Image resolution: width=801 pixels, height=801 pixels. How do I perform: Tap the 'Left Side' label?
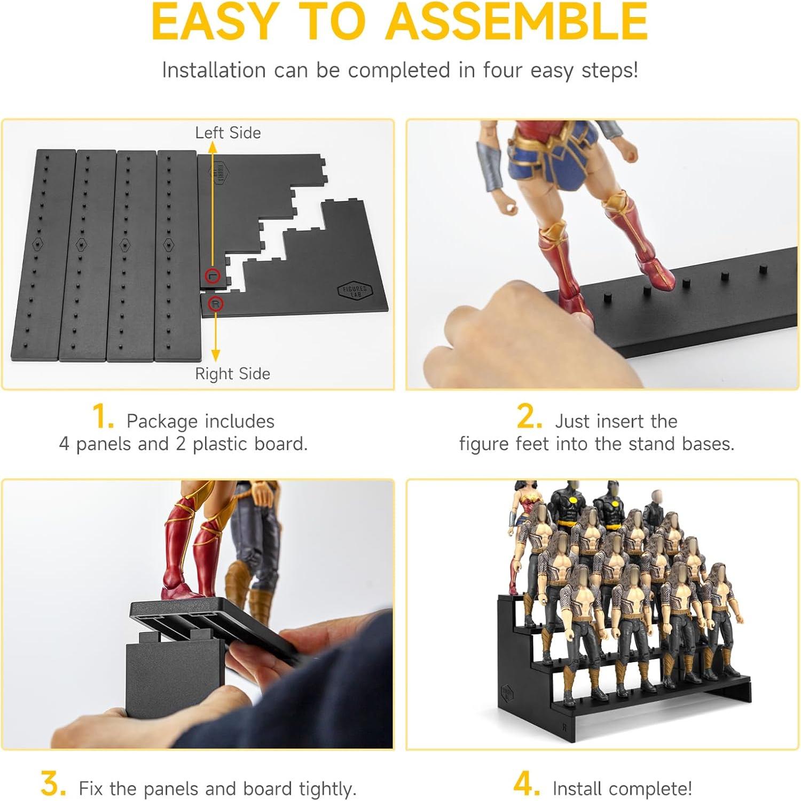(x=228, y=133)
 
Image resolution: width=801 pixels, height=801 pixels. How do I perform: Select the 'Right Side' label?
(x=232, y=374)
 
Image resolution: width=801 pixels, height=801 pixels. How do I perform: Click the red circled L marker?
(x=213, y=276)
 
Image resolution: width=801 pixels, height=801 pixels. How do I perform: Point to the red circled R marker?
(x=215, y=304)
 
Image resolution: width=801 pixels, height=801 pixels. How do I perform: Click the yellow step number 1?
(x=103, y=417)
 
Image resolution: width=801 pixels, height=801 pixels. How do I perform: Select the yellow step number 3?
(x=53, y=784)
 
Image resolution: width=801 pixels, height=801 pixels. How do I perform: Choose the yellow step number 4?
(x=526, y=784)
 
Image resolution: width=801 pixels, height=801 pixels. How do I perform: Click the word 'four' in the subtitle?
(x=502, y=70)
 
